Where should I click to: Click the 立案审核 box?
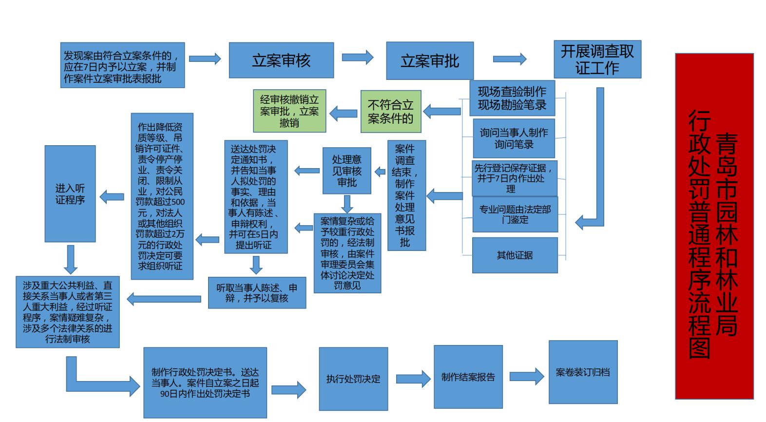click(281, 60)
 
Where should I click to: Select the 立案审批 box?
click(429, 60)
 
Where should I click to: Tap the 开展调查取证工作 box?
click(597, 59)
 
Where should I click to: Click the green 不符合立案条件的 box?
click(390, 111)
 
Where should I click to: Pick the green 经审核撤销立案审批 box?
click(289, 111)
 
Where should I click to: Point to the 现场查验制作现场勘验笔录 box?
click(512, 98)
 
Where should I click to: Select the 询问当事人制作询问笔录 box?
click(514, 138)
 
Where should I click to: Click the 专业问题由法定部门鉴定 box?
click(515, 214)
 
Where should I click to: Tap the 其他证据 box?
click(515, 255)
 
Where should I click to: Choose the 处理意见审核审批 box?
click(347, 171)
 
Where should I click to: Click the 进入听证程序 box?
click(70, 193)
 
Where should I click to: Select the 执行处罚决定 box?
click(353, 379)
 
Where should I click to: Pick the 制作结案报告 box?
click(468, 377)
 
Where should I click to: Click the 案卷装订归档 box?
click(583, 372)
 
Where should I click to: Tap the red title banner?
click(714, 226)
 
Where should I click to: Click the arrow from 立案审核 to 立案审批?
click(357, 58)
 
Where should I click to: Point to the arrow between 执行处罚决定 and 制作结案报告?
click(413, 379)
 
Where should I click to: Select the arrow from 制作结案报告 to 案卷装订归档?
click(526, 376)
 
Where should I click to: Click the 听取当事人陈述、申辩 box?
click(257, 292)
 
